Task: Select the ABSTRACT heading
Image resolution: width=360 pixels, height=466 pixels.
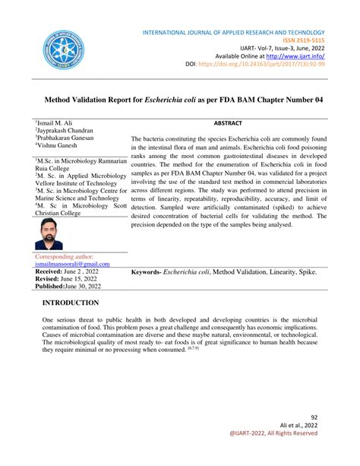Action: click(x=228, y=122)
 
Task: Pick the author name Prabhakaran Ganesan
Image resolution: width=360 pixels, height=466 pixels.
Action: click(x=70, y=138)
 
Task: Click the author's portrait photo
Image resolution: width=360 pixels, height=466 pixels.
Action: click(x=49, y=234)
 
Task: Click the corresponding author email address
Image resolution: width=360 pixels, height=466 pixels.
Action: click(x=72, y=264)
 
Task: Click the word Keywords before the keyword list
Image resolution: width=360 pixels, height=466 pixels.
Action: click(x=145, y=271)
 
